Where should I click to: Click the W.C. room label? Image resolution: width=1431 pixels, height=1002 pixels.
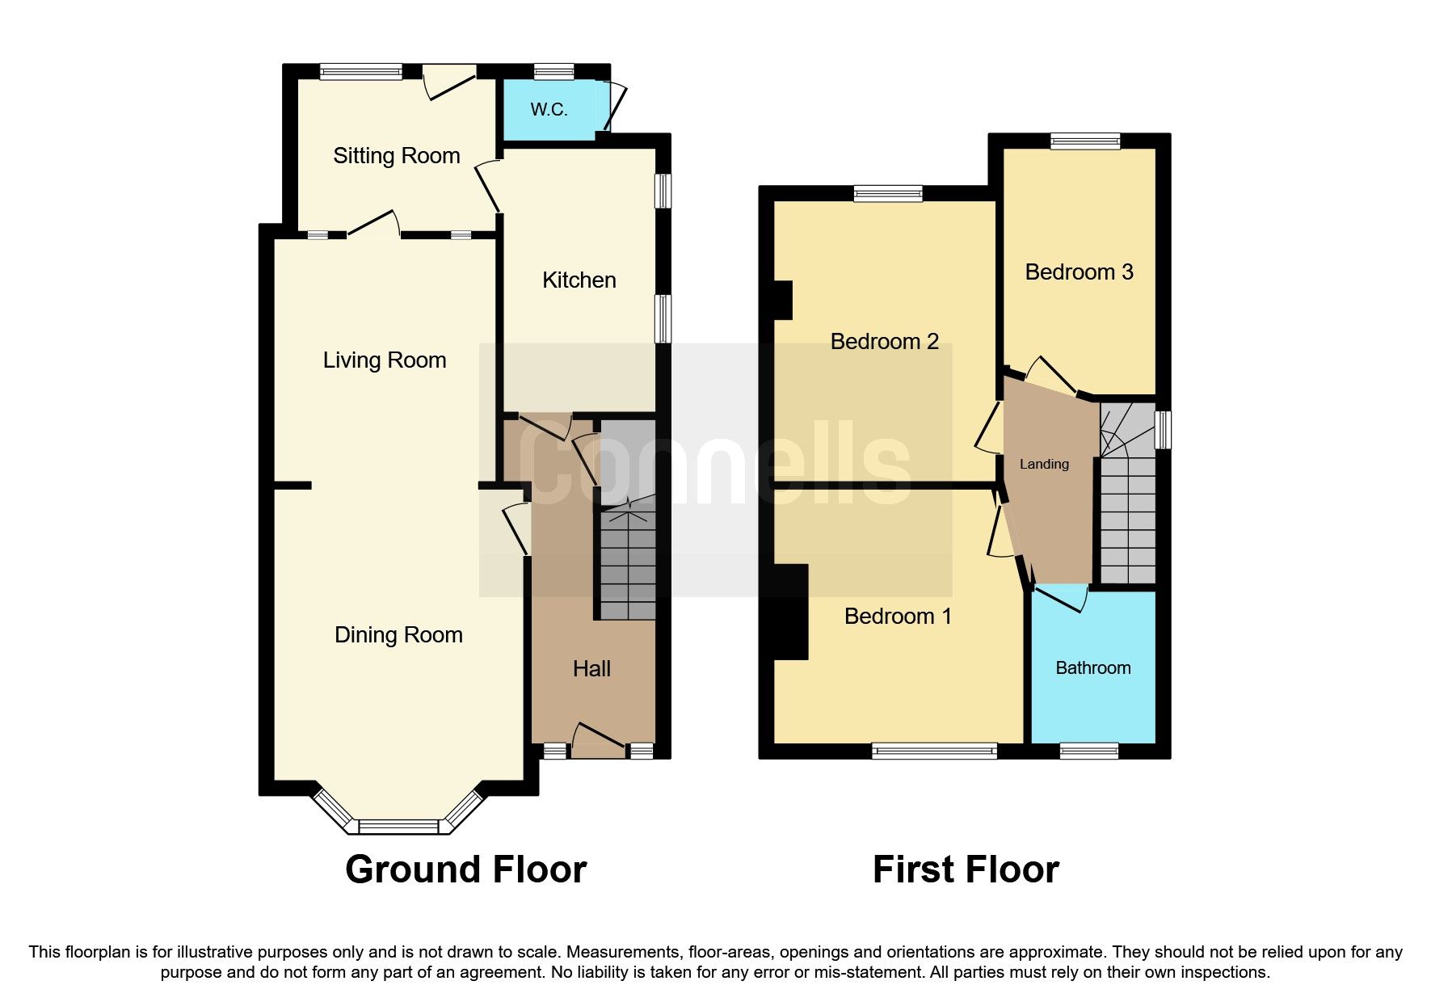[549, 109]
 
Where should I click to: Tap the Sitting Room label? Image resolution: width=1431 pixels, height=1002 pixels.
[396, 156]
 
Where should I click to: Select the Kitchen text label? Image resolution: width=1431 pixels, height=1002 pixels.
[579, 280]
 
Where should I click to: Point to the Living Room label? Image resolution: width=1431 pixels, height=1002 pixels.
[385, 360]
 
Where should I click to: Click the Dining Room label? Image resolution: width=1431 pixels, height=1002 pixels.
[398, 635]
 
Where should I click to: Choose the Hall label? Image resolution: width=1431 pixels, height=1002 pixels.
[591, 669]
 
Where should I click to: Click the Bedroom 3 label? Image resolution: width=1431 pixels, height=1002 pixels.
[1079, 272]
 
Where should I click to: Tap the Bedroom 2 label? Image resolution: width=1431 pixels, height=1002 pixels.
[884, 342]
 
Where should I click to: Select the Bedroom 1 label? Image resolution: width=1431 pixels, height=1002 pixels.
[897, 617]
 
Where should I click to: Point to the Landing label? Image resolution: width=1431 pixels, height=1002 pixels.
[1044, 464]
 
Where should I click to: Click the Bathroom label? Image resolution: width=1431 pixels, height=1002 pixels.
[1092, 668]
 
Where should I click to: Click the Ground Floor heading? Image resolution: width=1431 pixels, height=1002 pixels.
[465, 870]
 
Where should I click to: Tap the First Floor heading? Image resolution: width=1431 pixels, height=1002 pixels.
[966, 870]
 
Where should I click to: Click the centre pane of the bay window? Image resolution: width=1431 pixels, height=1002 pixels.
[398, 827]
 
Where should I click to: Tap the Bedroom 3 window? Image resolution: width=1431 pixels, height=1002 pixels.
[1085, 141]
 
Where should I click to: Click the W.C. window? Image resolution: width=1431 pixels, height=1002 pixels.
[553, 72]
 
